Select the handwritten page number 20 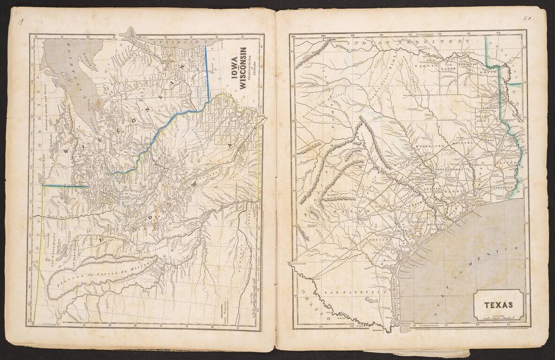(527, 19)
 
